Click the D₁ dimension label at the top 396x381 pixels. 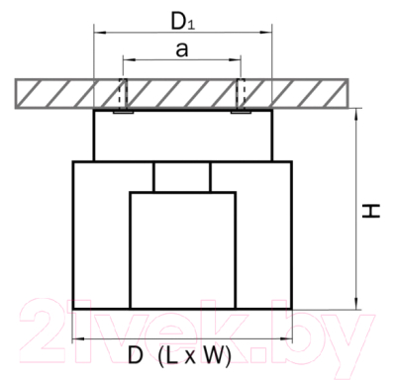[x=182, y=22]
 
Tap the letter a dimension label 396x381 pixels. [x=182, y=49]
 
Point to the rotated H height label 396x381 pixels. [x=371, y=211]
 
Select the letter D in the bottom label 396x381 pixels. [x=136, y=355]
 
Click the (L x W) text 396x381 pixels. [x=194, y=356]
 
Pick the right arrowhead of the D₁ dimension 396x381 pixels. [x=266, y=33]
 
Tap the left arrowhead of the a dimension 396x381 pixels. [x=129, y=60]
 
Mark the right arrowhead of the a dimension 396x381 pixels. [x=236, y=60]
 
